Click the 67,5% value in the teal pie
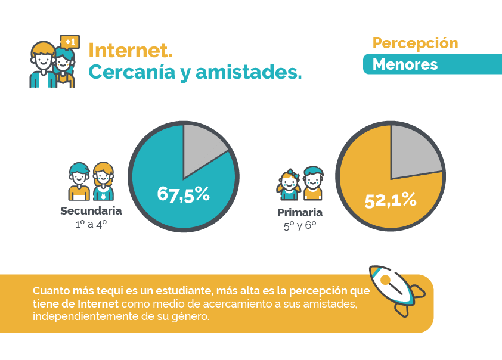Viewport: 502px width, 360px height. [x=183, y=194]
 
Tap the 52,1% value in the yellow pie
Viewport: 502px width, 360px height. [x=391, y=201]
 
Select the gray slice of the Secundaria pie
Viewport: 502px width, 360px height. [x=202, y=146]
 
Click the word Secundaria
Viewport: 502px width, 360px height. [x=91, y=211]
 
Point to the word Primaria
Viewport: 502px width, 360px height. [x=300, y=213]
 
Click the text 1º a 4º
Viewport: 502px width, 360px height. [x=91, y=225]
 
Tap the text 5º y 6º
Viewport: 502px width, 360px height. [x=300, y=226]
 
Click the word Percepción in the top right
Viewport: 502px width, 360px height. [x=415, y=44]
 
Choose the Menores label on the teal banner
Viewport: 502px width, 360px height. [x=405, y=64]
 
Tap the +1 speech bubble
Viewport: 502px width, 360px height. [x=70, y=42]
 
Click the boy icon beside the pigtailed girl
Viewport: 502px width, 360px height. [x=312, y=183]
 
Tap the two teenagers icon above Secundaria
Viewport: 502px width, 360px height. [x=91, y=182]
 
